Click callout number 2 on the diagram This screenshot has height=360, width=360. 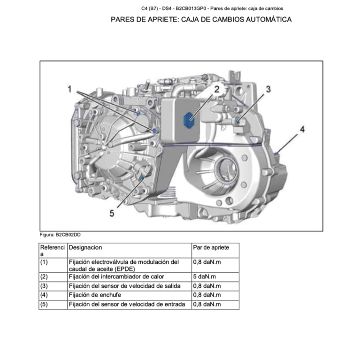[x=217, y=89]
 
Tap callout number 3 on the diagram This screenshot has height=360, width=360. [x=268, y=89]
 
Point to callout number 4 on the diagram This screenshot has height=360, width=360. [x=302, y=129]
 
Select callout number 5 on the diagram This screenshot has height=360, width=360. [x=112, y=214]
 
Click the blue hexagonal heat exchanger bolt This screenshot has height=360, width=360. [x=190, y=120]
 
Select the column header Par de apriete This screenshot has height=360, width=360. [x=211, y=247]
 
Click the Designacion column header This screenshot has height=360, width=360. [x=85, y=247]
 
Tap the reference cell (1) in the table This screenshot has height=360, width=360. [x=44, y=262]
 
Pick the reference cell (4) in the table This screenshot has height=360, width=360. [x=44, y=295]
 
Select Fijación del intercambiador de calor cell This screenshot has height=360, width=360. [x=116, y=277]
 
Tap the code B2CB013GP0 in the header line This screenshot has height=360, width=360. [x=189, y=8]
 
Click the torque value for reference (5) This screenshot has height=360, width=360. [x=207, y=304]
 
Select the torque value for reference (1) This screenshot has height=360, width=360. [x=207, y=262]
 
